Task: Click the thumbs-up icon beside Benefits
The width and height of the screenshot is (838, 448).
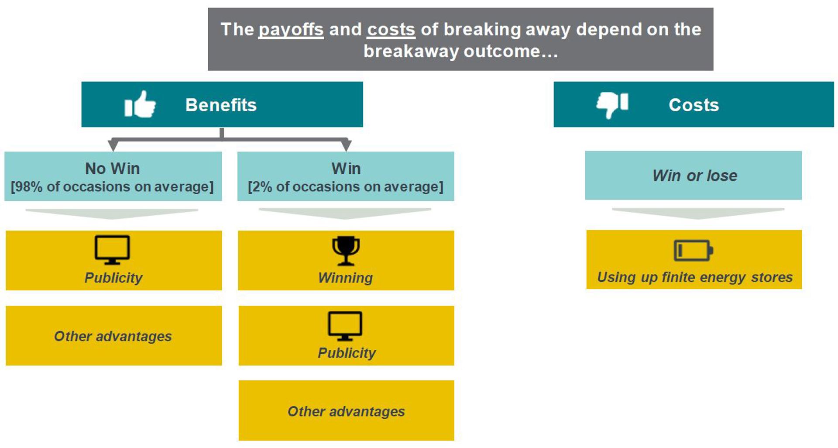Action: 140,104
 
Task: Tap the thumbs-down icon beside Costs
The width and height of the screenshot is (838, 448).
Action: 612,104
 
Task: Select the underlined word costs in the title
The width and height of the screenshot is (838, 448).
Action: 391,30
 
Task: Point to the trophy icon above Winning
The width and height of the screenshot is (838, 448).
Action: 346,251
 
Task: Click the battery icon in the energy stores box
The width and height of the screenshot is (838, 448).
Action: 694,251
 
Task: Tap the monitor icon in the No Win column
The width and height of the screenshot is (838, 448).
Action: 112,250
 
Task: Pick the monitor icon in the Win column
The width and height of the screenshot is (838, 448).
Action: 345,326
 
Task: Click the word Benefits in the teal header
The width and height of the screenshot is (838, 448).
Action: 221,105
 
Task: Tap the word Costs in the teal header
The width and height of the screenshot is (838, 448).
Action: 694,105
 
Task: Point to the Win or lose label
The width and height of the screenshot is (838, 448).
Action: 695,176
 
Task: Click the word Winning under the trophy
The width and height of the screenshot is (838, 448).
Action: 345,278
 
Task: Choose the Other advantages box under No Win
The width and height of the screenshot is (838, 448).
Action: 113,336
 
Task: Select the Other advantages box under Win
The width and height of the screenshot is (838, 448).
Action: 346,410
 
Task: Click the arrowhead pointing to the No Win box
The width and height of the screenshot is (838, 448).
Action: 113,145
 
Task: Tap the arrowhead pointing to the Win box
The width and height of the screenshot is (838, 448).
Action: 346,145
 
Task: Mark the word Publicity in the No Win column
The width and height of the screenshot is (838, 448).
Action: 113,278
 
